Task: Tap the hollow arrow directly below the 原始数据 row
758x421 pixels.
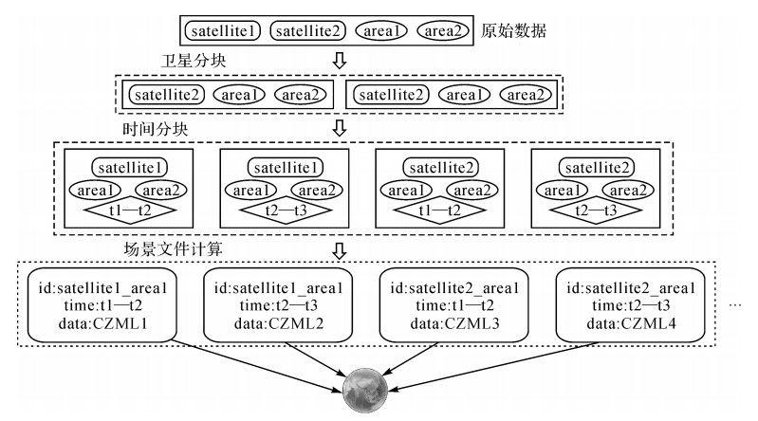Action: tap(340, 59)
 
